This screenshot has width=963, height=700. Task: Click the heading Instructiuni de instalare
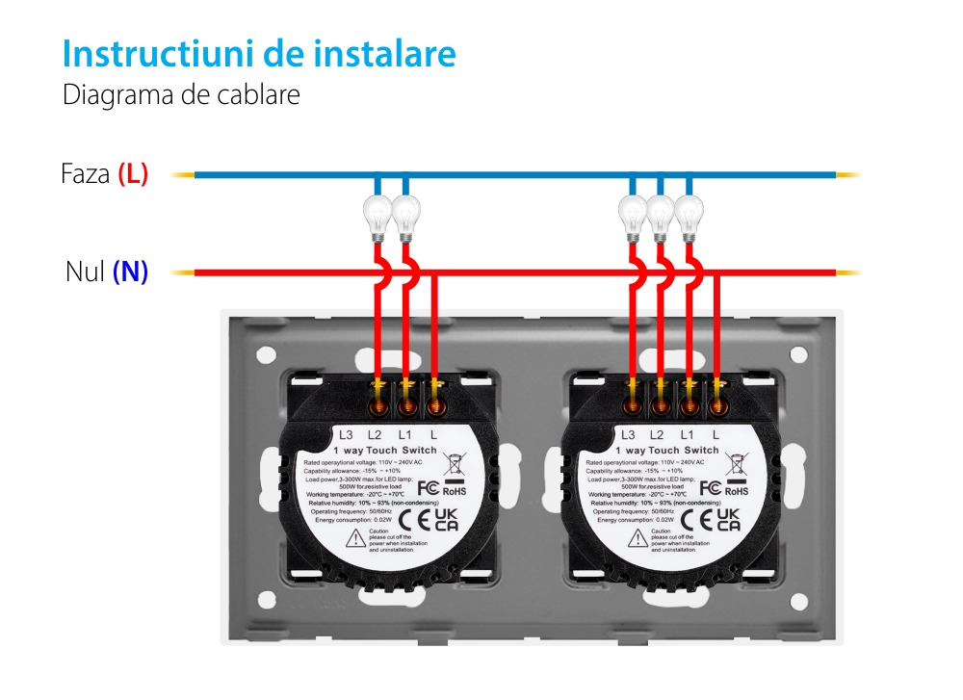(258, 54)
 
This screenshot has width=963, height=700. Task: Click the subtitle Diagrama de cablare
(181, 96)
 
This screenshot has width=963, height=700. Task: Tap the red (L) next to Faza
(133, 175)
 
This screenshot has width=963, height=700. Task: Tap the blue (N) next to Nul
(130, 272)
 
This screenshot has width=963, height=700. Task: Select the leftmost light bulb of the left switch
(377, 215)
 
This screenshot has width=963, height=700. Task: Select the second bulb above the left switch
(405, 215)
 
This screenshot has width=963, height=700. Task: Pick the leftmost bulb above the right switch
(632, 215)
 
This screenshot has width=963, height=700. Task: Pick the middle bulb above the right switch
(660, 215)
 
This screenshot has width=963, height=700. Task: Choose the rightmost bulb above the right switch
(688, 215)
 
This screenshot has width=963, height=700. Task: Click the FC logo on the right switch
(710, 487)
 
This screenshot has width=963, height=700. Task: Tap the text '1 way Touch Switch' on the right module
(666, 451)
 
